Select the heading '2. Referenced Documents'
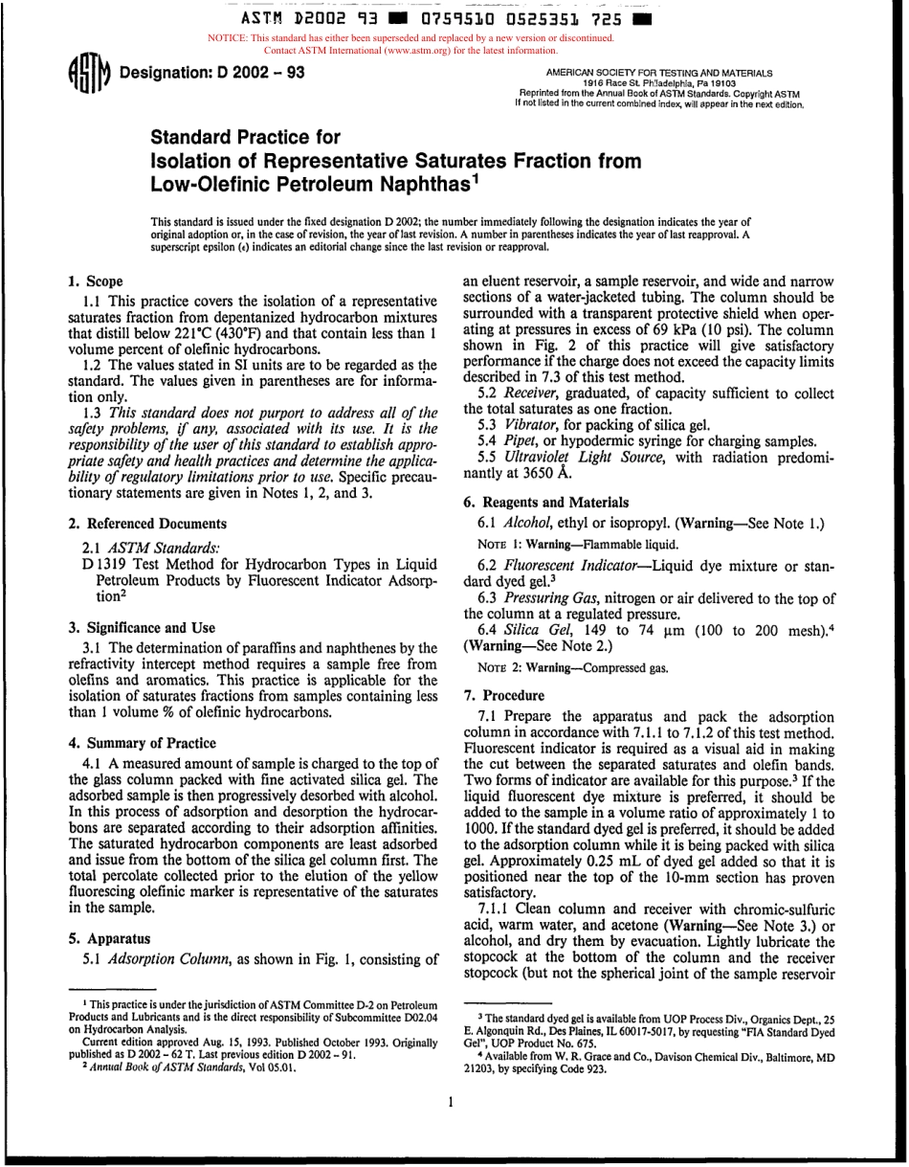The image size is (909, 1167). pos(147,524)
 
